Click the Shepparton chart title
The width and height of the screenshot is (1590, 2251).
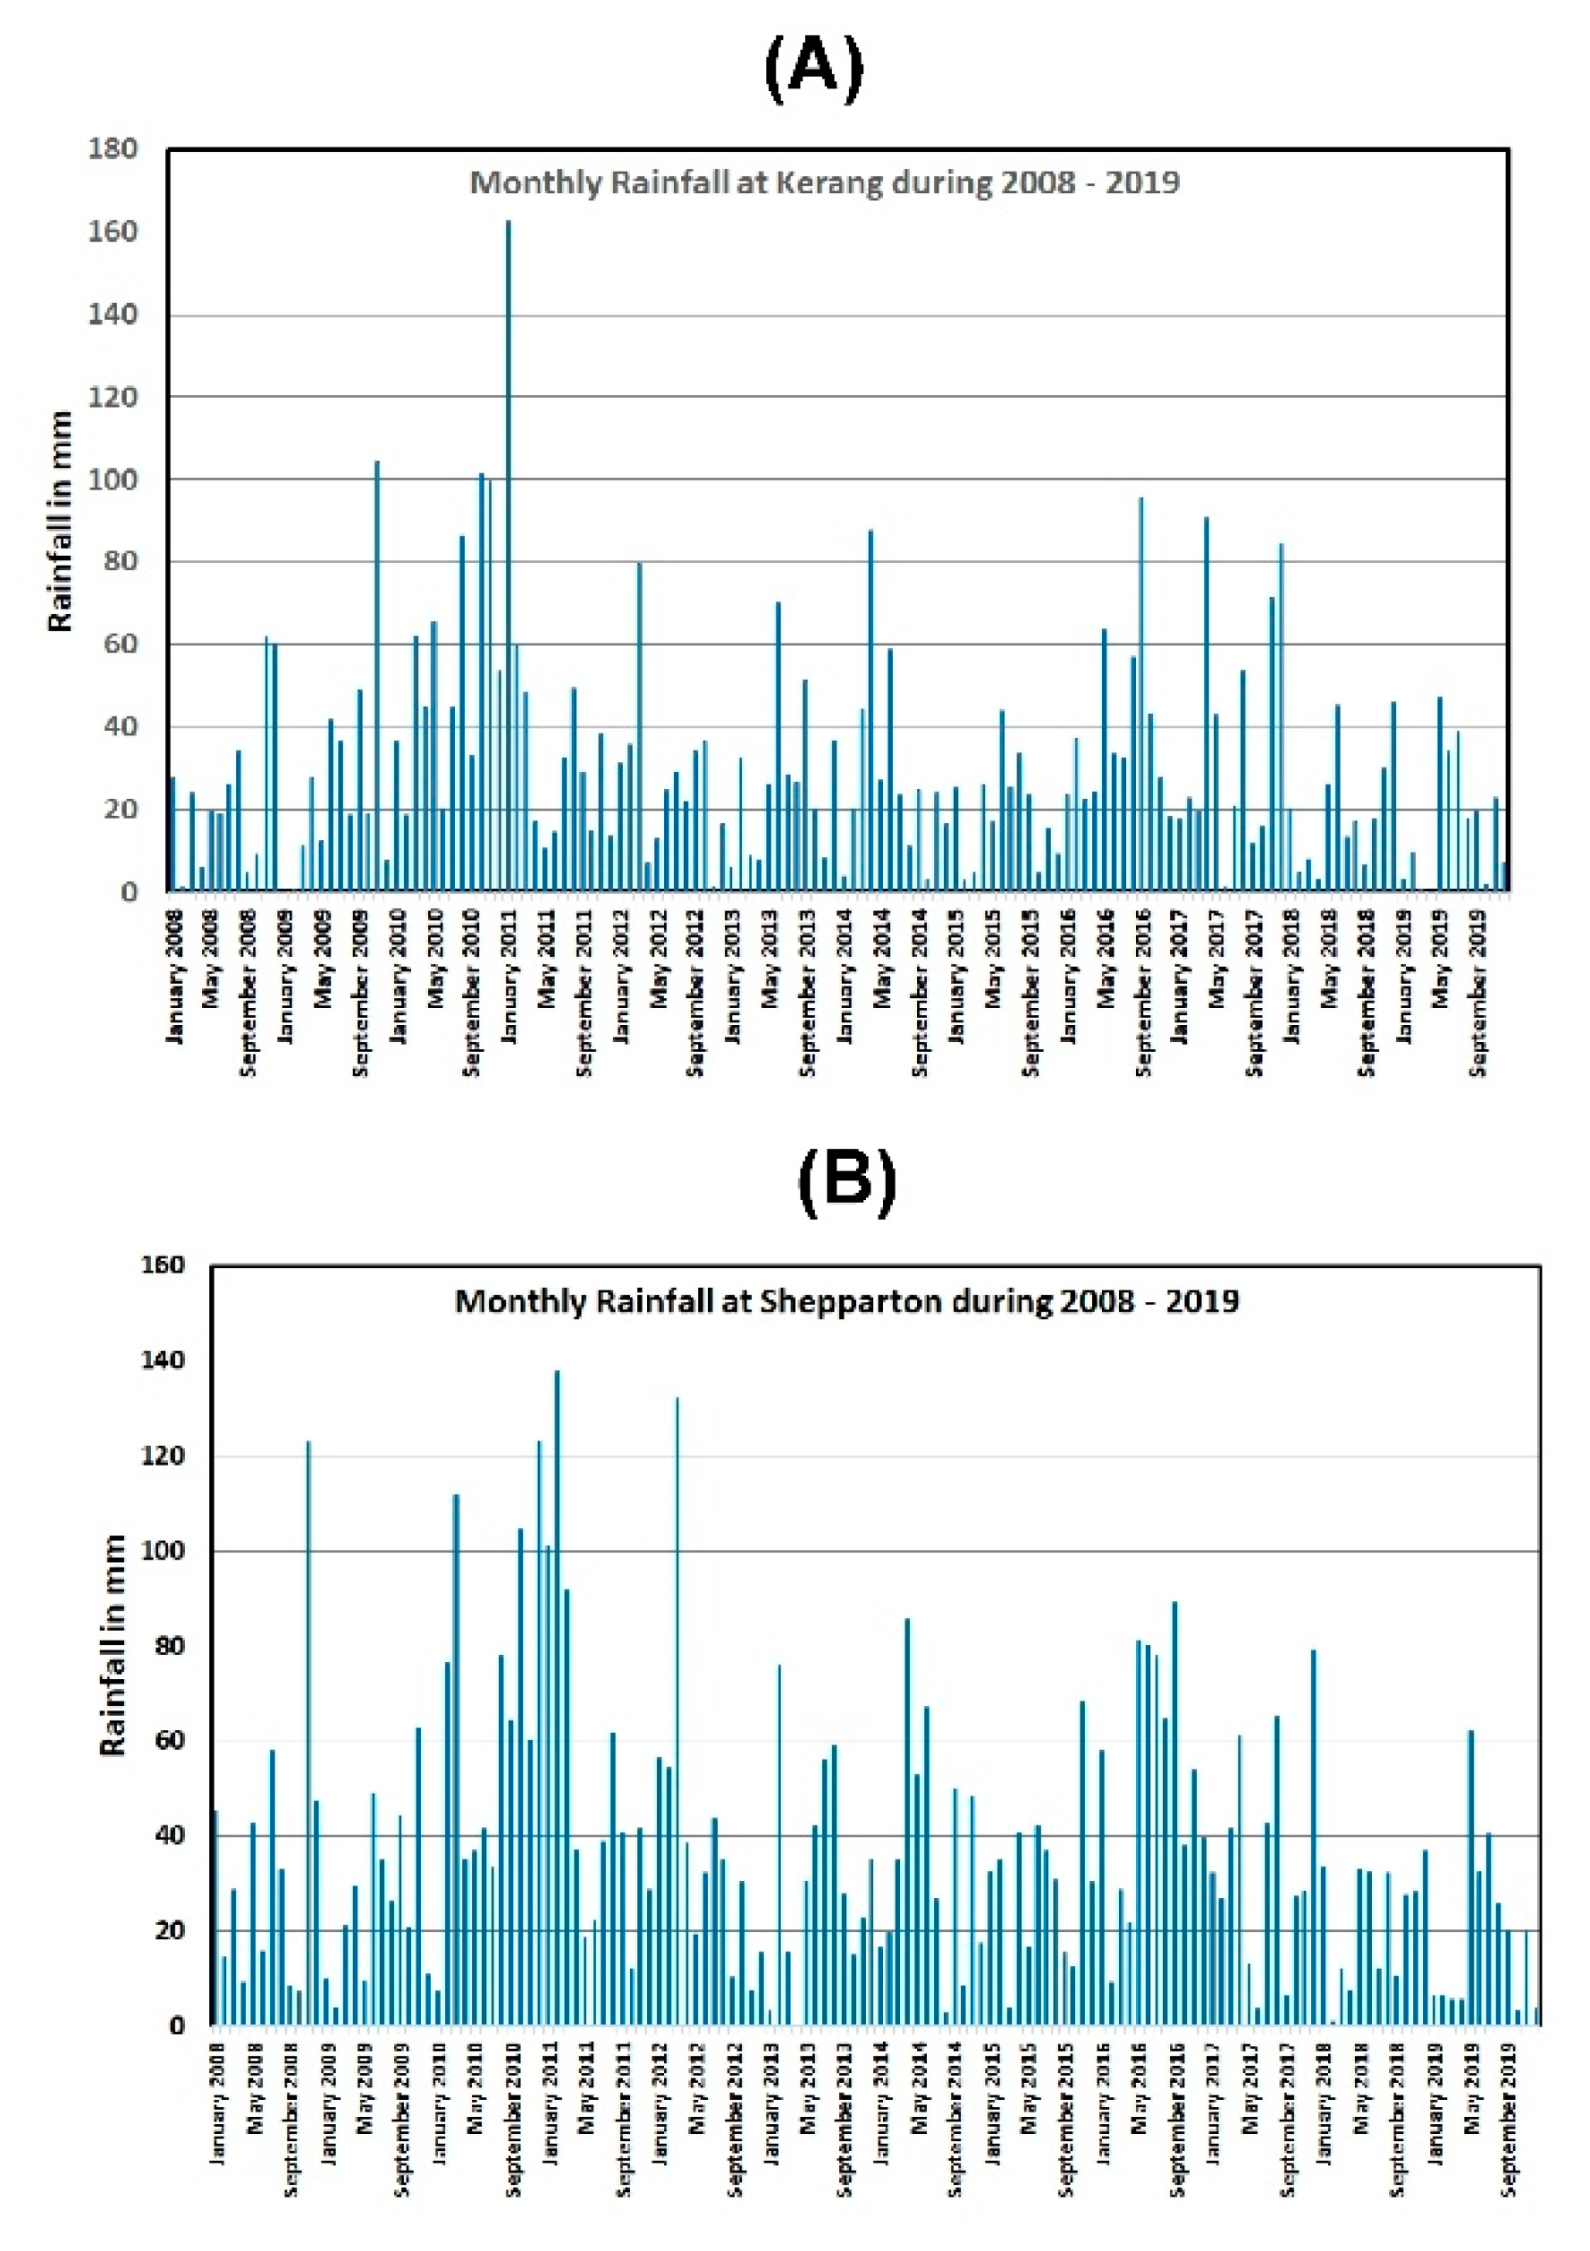tap(847, 1301)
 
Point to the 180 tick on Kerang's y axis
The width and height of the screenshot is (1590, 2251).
tap(113, 150)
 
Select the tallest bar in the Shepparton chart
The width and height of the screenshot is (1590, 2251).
tap(557, 1696)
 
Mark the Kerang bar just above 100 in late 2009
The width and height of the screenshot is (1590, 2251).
tap(377, 676)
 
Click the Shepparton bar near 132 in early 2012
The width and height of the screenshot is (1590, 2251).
tap(677, 1709)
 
